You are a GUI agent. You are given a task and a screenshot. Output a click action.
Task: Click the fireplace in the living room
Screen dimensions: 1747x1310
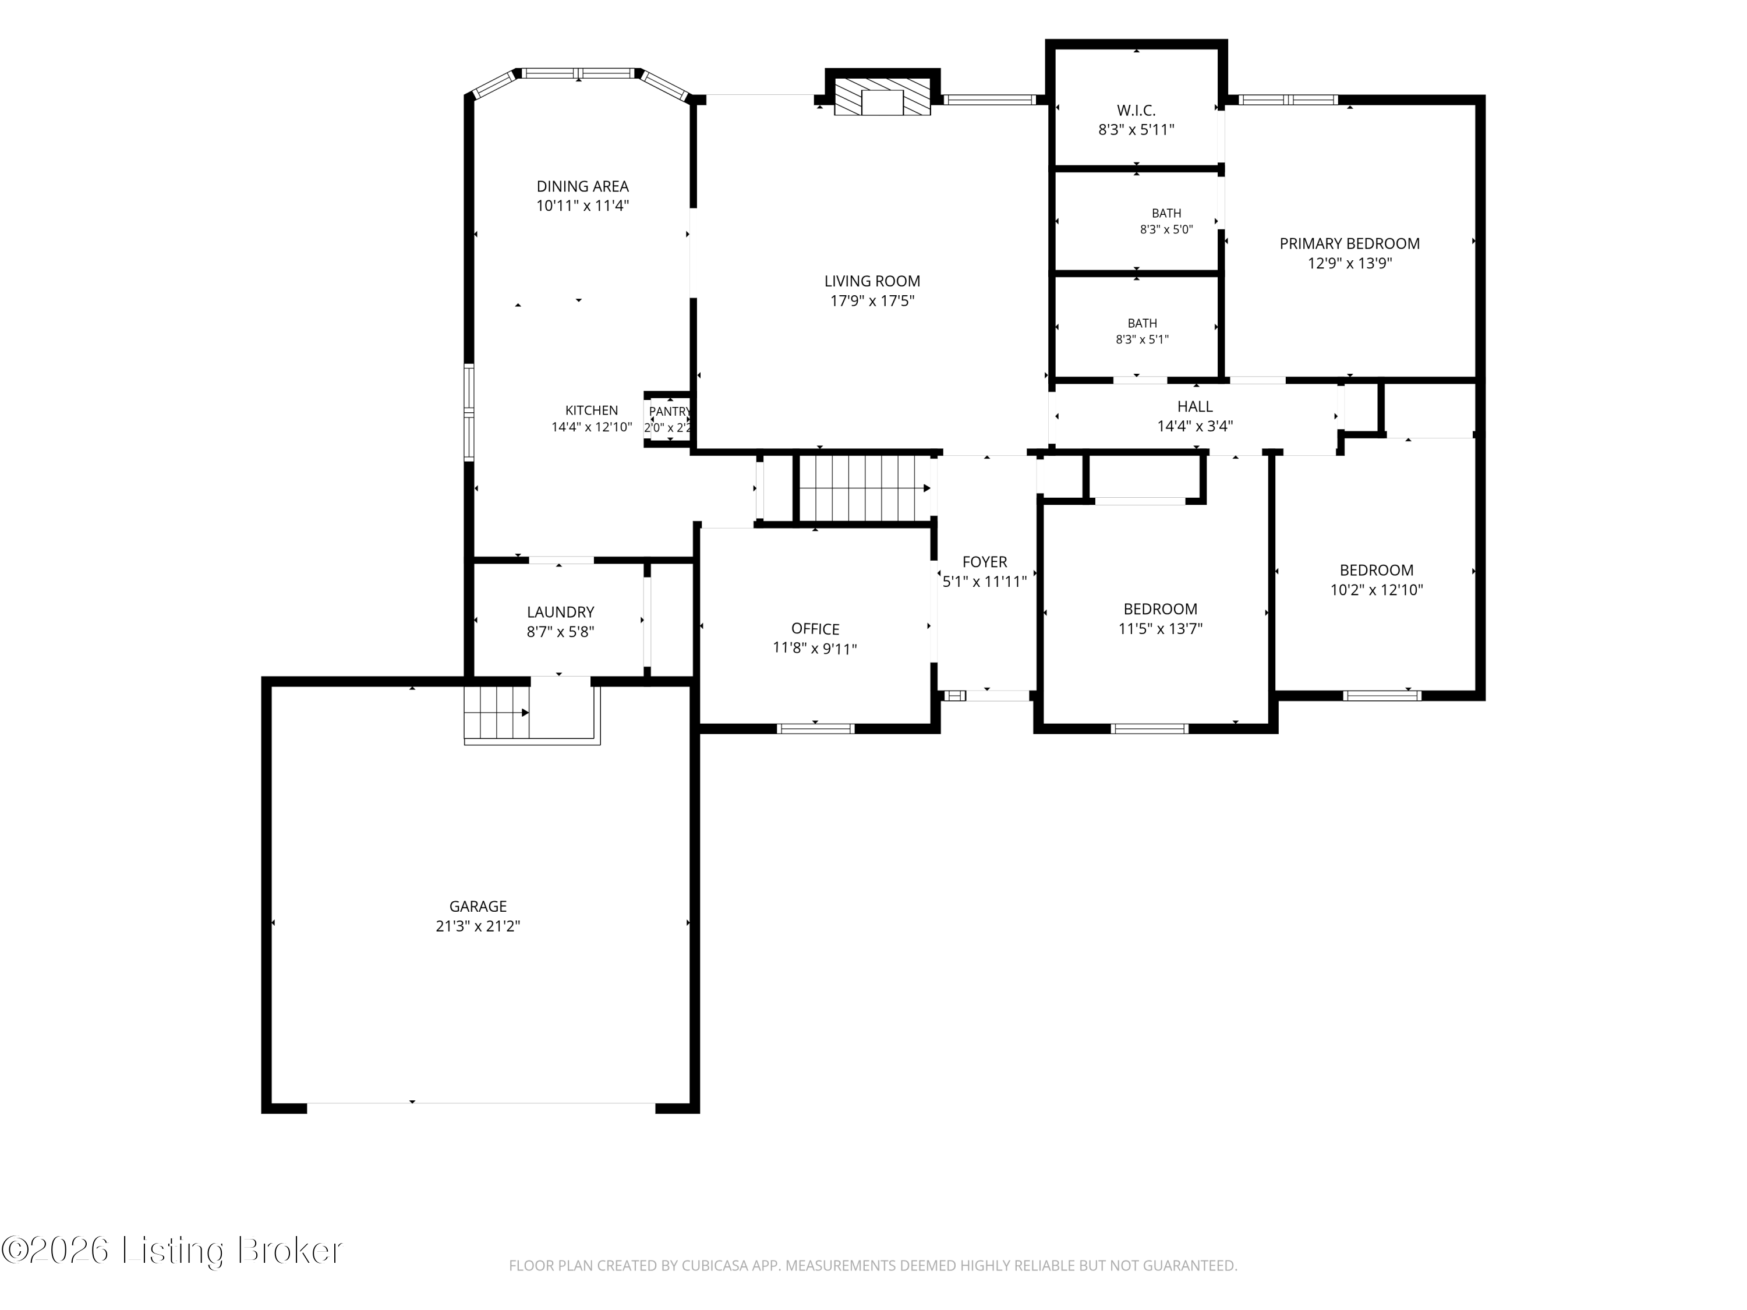pos(882,98)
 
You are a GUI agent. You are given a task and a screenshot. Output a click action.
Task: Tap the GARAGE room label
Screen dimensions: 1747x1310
pos(478,907)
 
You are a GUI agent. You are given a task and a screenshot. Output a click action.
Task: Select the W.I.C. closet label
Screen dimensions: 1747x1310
pos(1136,111)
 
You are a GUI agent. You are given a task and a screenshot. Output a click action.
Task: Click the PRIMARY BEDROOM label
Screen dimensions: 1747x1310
pos(1350,244)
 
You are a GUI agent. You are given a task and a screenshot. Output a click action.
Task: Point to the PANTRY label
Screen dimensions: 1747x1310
pos(670,412)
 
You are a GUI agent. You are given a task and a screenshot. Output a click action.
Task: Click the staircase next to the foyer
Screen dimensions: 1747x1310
pos(865,489)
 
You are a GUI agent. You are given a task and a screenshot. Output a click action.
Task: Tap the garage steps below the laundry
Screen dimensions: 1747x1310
pos(497,713)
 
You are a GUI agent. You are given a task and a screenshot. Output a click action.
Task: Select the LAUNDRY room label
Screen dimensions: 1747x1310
pos(561,612)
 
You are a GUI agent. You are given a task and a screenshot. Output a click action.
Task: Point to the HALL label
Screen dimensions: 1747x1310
pos(1195,406)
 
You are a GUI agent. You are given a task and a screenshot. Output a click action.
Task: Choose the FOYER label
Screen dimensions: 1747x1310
pos(985,562)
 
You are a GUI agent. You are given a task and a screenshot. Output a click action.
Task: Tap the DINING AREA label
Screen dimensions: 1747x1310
pos(583,186)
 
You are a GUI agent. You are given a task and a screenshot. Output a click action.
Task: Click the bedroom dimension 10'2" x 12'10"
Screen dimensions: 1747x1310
pos(1377,590)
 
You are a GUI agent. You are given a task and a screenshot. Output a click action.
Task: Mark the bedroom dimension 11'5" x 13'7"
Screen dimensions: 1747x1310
pos(1160,629)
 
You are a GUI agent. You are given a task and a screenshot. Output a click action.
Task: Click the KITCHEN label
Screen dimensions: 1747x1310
pos(592,410)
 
